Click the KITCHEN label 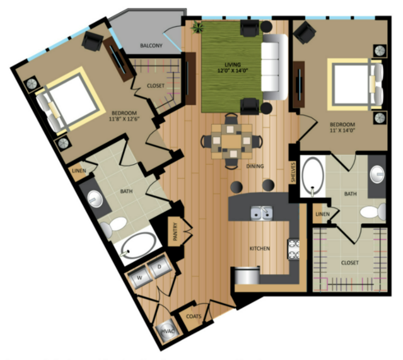(x=259, y=248)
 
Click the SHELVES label (x=293, y=171)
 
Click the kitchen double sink (x=260, y=214)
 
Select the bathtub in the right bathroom (x=312, y=177)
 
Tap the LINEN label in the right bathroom (x=322, y=214)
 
